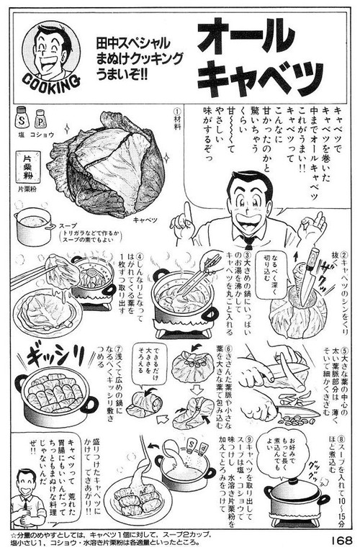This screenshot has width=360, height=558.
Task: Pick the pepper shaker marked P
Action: (x=40, y=118)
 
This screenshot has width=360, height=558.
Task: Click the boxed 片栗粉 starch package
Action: (x=26, y=171)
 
